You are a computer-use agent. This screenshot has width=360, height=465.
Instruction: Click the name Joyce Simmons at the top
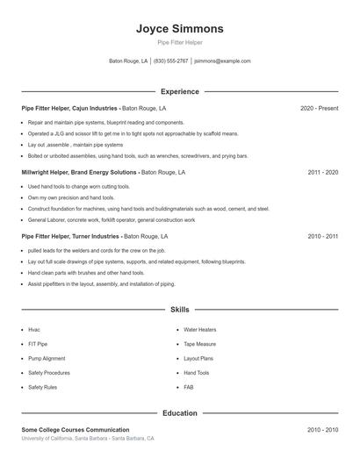pyautogui.click(x=179, y=28)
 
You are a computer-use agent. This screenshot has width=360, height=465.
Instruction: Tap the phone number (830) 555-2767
pyautogui.click(x=170, y=61)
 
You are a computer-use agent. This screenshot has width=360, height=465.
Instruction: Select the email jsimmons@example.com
pyautogui.click(x=222, y=61)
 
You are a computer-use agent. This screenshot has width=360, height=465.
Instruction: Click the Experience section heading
pyautogui.click(x=179, y=91)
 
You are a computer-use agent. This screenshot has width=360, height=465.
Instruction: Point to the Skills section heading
pyautogui.click(x=179, y=310)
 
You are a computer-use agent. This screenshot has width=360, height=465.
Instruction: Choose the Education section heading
pyautogui.click(x=179, y=412)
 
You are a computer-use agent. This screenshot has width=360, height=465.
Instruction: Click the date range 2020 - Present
pyautogui.click(x=319, y=108)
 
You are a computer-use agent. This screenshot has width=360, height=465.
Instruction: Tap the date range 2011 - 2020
pyautogui.click(x=322, y=173)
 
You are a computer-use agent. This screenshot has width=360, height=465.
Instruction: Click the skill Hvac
pyautogui.click(x=34, y=330)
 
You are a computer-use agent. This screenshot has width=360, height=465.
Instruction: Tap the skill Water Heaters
pyautogui.click(x=199, y=330)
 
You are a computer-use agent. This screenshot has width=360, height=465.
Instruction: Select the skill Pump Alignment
pyautogui.click(x=47, y=358)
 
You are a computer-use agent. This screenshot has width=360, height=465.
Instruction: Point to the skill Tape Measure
pyautogui.click(x=199, y=344)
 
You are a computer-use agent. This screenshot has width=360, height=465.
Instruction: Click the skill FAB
pyautogui.click(x=189, y=387)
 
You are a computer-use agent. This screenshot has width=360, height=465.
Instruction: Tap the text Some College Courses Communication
pyautogui.click(x=76, y=430)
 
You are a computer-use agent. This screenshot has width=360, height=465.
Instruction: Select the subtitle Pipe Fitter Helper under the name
pyautogui.click(x=179, y=42)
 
